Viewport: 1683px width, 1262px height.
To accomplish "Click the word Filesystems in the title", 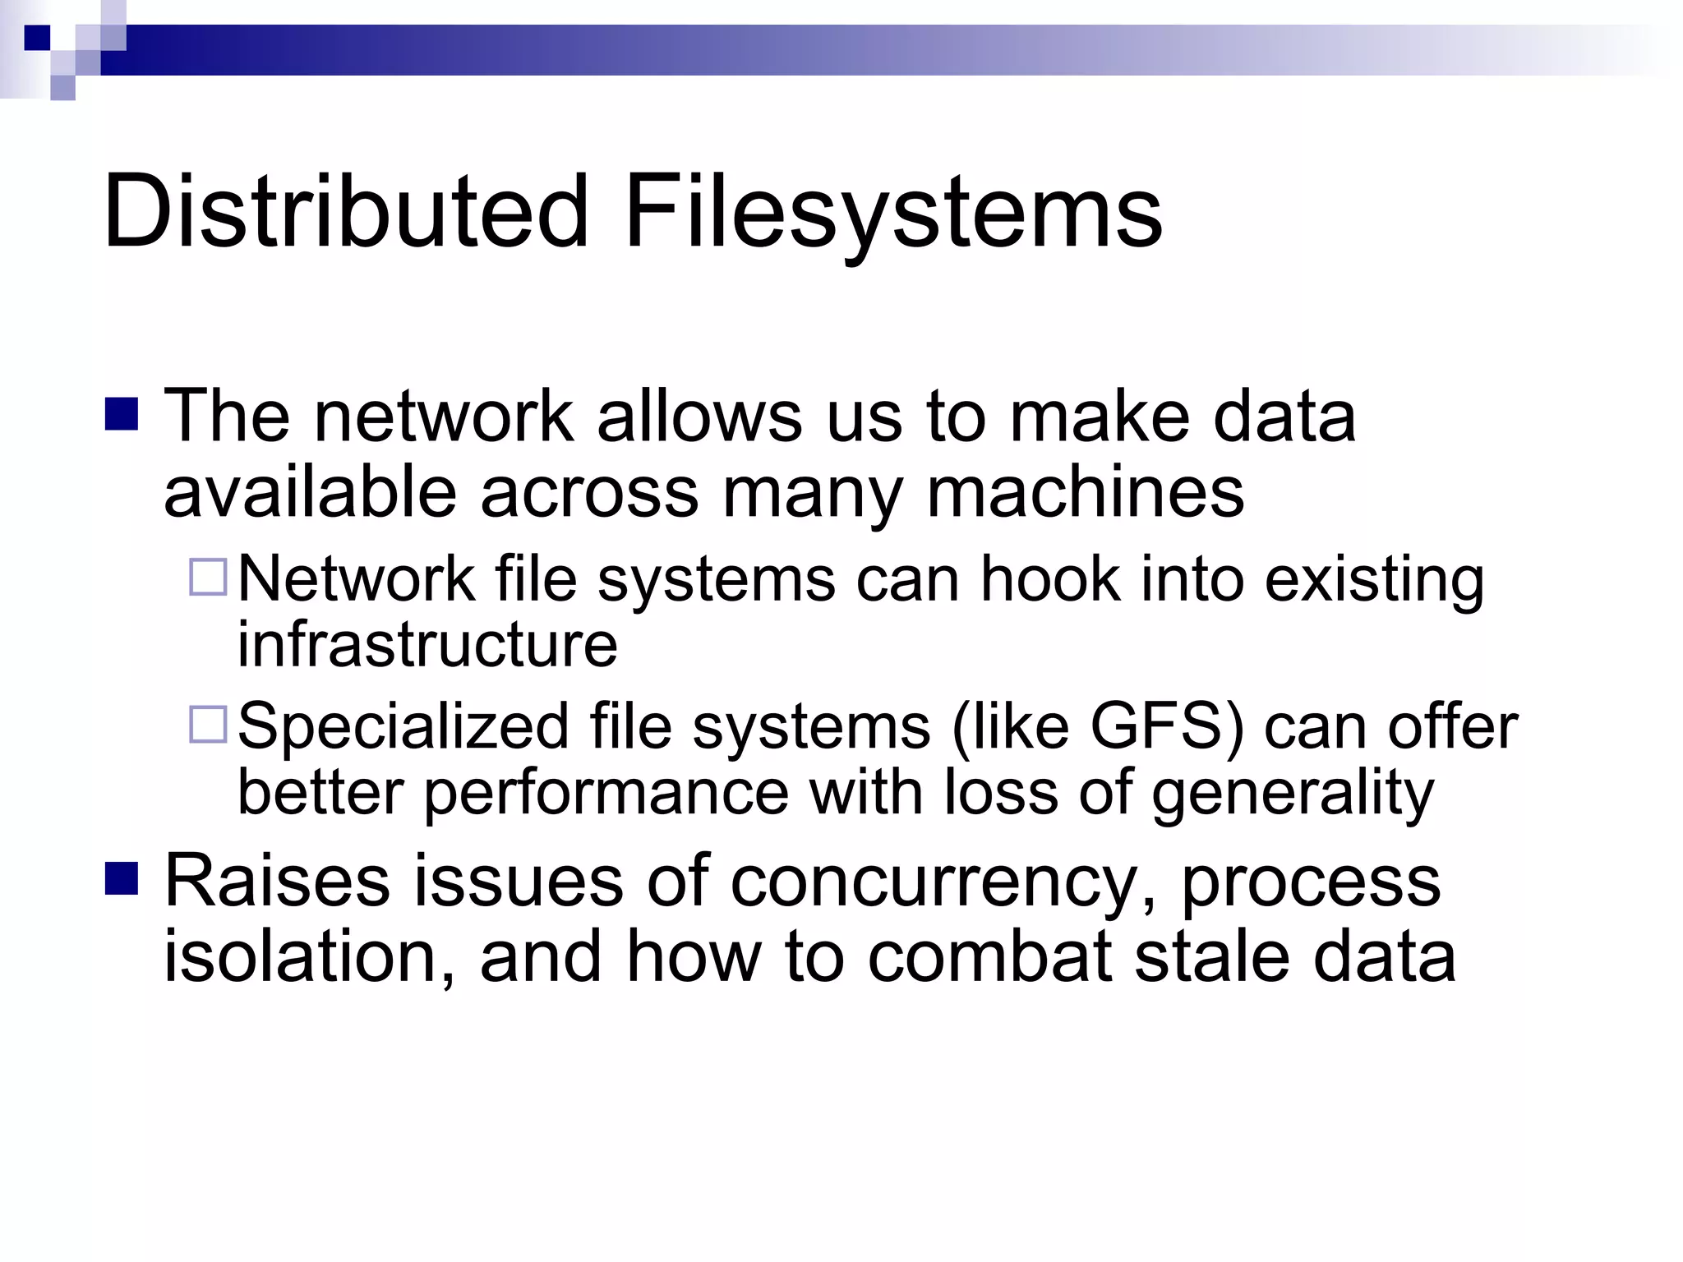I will click(x=893, y=212).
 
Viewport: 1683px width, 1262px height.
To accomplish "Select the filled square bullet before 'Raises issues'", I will click(x=122, y=877).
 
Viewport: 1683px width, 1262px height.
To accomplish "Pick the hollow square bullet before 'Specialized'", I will click(x=207, y=724).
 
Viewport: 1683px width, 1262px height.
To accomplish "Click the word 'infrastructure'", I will click(x=427, y=643).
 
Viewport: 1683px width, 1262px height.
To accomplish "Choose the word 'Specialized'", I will click(x=403, y=727).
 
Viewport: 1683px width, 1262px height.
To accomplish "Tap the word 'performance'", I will click(x=606, y=793).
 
